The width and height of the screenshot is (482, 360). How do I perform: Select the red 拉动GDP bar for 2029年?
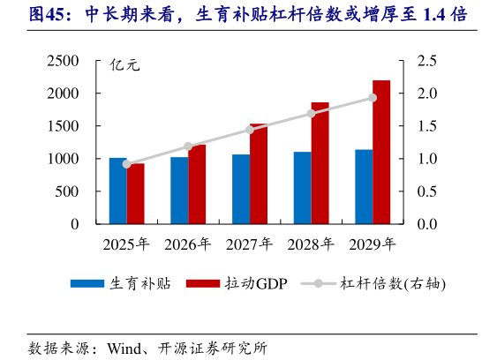(x=381, y=152)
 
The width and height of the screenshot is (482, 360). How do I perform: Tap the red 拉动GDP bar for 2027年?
(x=259, y=174)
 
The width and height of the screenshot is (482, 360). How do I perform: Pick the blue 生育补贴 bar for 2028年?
(x=302, y=188)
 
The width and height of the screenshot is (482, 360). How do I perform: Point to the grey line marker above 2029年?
(x=373, y=98)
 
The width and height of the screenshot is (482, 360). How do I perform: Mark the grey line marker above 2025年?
(x=126, y=164)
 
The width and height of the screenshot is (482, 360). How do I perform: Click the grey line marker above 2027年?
(x=250, y=131)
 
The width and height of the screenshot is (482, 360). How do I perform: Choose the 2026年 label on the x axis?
(x=188, y=244)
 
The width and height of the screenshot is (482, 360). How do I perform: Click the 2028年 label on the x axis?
(x=311, y=244)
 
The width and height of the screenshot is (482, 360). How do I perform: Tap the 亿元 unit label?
(x=124, y=65)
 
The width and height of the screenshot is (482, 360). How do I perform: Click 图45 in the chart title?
(x=49, y=15)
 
